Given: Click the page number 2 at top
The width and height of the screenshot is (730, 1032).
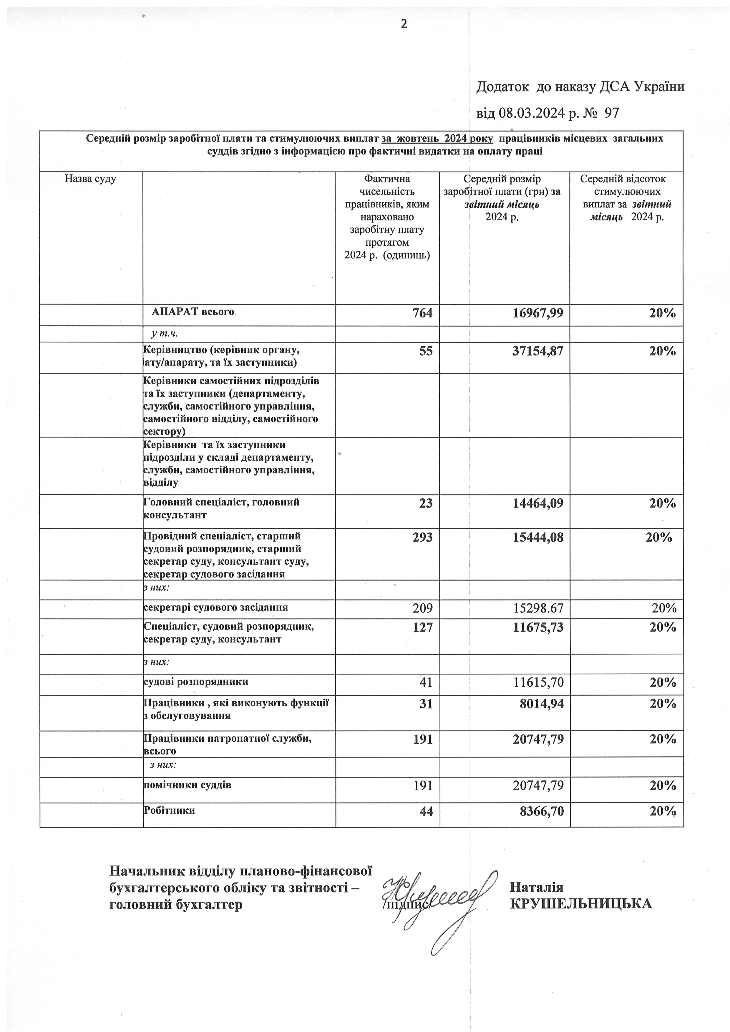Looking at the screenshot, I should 404,24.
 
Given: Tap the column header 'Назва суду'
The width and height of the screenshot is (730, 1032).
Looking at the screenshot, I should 90,179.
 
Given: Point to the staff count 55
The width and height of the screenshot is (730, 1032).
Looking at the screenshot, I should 426,351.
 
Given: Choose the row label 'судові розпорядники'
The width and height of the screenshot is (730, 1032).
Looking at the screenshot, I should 196,681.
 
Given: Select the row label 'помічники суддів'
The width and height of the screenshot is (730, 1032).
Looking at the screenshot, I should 187,785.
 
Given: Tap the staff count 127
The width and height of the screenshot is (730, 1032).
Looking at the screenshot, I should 422,627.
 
